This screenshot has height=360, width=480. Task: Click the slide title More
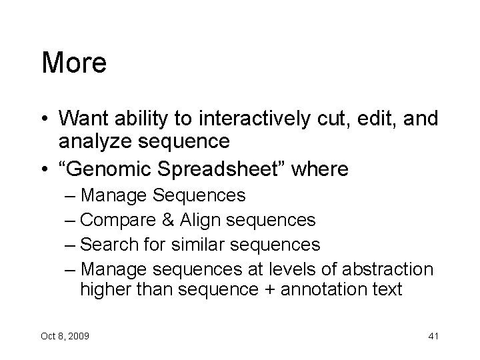[74, 63]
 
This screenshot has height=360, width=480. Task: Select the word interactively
[258, 118]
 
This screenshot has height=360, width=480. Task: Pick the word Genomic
[110, 169]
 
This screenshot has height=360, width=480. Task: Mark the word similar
[200, 245]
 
